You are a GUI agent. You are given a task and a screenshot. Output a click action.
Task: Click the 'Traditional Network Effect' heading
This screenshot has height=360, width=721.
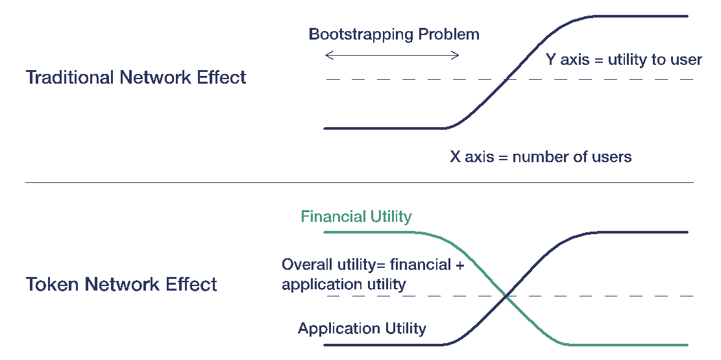coord(136,78)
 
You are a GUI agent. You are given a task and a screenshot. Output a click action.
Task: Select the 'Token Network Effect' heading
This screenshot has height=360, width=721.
coord(121,284)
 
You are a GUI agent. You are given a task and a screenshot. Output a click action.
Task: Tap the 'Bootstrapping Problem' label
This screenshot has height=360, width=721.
coord(394,34)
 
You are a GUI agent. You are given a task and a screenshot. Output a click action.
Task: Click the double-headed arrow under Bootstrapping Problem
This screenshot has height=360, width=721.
coord(392,56)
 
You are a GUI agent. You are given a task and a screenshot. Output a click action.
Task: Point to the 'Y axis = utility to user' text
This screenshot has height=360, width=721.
coord(624,60)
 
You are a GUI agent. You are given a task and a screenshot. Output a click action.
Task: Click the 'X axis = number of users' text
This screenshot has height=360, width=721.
coord(541,156)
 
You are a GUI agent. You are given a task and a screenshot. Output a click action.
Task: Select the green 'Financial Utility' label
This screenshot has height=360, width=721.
coord(356,216)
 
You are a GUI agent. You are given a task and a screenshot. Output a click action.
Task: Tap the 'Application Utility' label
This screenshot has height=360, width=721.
coord(362,328)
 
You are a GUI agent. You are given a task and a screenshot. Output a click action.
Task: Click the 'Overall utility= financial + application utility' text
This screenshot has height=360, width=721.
coord(373,274)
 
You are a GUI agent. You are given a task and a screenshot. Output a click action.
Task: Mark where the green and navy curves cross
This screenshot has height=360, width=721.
coord(506,296)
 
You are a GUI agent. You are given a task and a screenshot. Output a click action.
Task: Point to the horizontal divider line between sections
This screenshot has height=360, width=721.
coord(360,183)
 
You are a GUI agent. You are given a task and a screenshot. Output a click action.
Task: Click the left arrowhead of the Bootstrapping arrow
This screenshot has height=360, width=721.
coord(327,56)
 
